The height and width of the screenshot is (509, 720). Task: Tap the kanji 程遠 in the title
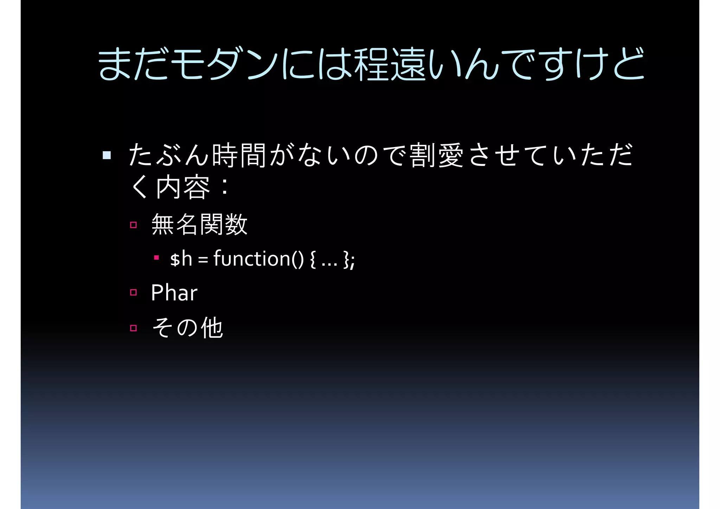tap(390, 64)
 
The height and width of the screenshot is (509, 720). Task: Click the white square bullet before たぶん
tap(107, 155)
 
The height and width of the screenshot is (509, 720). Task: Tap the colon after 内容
tap(225, 187)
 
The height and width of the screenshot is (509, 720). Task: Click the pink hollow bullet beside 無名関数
tap(133, 225)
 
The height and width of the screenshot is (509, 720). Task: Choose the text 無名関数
tap(199, 224)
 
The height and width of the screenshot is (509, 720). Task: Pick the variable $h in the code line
tap(181, 259)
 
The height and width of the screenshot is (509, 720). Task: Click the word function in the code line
tap(251, 259)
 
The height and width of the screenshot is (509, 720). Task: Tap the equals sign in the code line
tap(203, 260)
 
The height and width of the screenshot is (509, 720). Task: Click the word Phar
tap(174, 293)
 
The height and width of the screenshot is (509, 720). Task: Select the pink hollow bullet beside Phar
tap(133, 292)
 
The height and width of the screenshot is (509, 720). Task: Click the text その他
tap(187, 328)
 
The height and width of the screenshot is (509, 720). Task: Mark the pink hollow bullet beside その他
tap(133, 328)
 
